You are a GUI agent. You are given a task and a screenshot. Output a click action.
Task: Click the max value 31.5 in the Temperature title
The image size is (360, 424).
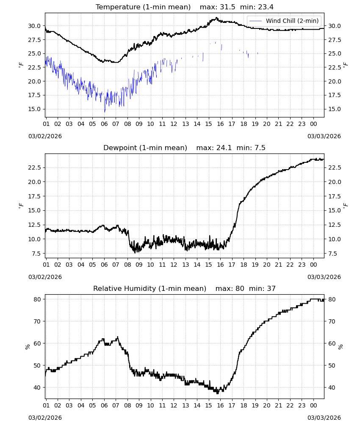227,7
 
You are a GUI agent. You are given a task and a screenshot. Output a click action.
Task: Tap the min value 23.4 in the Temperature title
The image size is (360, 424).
266,7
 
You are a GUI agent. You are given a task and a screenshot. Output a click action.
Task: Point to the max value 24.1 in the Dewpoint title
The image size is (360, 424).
224,148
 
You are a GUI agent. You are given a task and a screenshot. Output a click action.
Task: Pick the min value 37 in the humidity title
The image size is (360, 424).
271,288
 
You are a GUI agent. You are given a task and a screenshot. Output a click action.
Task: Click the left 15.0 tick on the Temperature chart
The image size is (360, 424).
34,109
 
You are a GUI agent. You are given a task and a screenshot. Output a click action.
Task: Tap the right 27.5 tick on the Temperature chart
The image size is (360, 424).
335,40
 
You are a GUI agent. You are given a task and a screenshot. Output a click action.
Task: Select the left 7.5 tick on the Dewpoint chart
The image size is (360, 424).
36,254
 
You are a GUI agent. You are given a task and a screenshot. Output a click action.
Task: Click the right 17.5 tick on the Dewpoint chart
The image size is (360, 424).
335,197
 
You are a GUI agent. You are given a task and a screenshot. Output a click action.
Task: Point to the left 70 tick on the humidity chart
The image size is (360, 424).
37,321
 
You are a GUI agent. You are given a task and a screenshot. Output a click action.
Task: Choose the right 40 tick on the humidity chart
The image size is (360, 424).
332,388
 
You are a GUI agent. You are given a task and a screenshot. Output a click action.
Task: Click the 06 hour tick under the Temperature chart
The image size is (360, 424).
104,124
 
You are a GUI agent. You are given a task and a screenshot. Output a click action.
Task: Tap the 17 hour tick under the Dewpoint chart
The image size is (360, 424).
232,265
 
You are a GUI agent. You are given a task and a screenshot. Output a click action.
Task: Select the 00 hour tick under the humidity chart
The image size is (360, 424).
313,406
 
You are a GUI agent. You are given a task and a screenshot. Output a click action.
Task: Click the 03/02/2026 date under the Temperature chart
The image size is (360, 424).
45,136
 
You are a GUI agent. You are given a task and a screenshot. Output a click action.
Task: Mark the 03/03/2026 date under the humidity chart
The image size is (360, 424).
324,418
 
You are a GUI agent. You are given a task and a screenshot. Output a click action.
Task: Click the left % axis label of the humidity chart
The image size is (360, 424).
27,347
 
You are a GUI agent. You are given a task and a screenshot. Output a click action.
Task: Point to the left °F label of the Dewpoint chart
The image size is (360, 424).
21,206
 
